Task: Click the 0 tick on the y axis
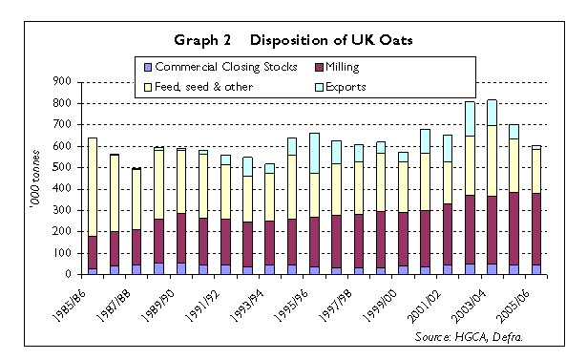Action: point(70,274)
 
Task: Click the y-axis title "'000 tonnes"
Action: point(37,179)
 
